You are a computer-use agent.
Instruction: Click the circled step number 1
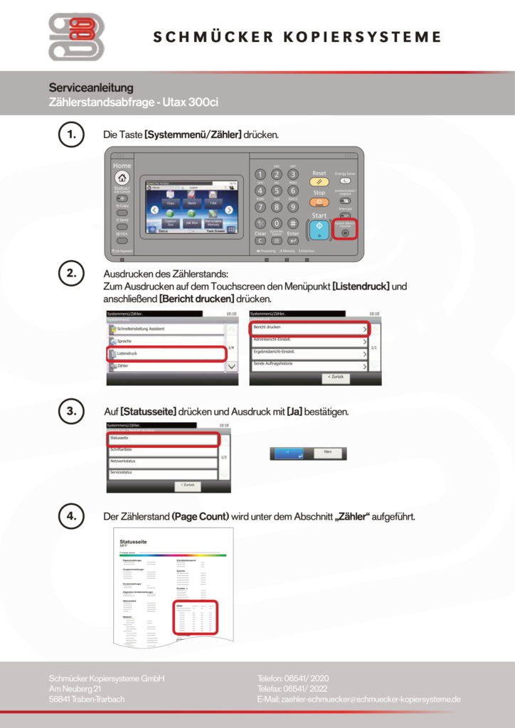coord(70,134)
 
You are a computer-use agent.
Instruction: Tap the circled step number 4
coord(70,516)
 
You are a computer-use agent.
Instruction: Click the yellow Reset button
coord(319,181)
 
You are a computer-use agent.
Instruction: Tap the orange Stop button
coord(319,201)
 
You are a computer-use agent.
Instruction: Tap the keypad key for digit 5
coord(276,191)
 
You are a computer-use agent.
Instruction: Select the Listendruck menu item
coord(166,353)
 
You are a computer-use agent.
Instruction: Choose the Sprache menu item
coord(166,341)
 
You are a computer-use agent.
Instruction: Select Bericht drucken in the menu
coord(309,328)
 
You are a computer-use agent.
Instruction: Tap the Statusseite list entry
coord(161,438)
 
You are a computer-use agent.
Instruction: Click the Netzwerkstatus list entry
coord(161,461)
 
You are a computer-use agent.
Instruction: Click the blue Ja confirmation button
coord(289,453)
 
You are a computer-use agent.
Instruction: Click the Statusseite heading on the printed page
coord(133,542)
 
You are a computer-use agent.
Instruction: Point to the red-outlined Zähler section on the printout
coord(195,617)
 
